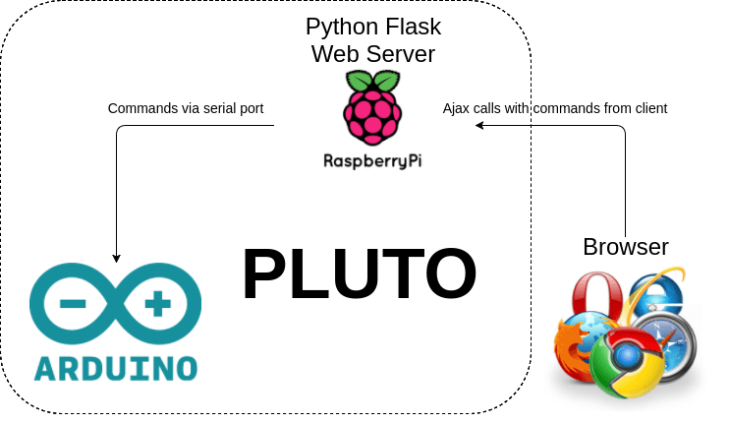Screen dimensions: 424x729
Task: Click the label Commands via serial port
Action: (x=186, y=108)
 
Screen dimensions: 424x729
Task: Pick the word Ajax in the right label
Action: (x=457, y=108)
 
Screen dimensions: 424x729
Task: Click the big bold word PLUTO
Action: (x=359, y=274)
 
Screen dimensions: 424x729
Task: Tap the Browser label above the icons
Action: (x=626, y=246)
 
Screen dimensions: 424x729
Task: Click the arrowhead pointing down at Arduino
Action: (x=117, y=258)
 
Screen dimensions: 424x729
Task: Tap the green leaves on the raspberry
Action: (x=371, y=82)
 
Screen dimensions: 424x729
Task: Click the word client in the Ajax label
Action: (x=648, y=108)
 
